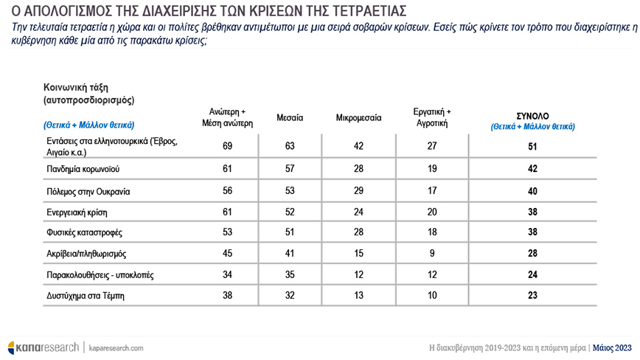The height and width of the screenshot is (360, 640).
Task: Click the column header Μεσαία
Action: click(290, 117)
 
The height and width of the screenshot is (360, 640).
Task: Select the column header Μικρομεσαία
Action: click(359, 117)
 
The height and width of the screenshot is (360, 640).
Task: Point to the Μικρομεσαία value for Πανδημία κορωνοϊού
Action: click(359, 168)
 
